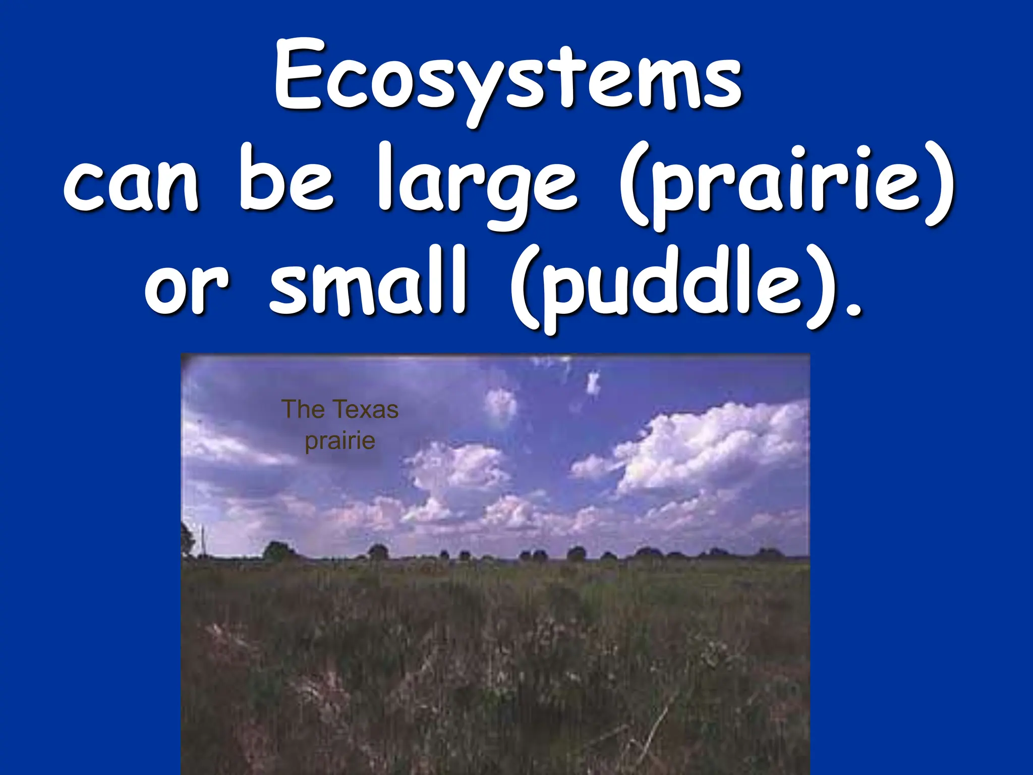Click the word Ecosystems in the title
[508, 81]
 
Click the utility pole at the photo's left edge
[203, 540]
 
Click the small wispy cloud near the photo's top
[593, 383]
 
